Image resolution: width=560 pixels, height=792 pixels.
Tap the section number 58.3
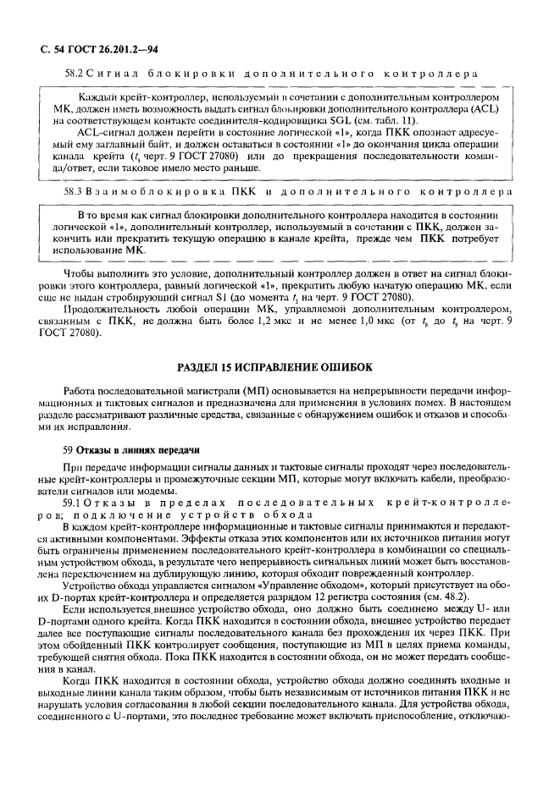pyautogui.click(x=75, y=192)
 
